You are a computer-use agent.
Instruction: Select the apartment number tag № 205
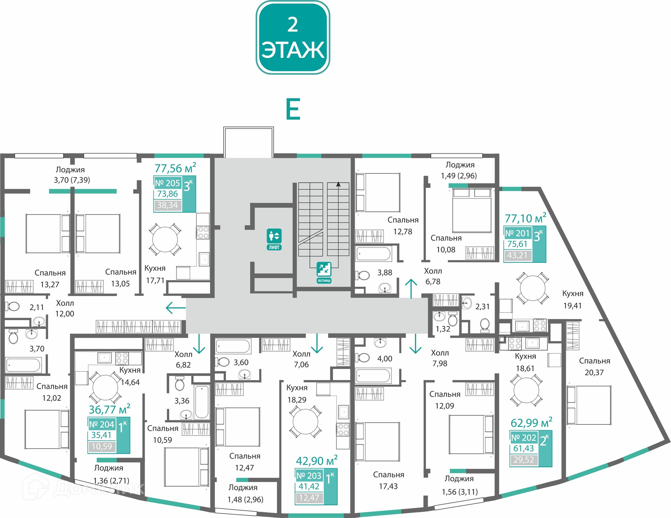[x=167, y=183]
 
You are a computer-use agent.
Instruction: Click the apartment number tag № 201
[x=518, y=233]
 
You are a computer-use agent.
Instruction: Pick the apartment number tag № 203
[x=309, y=475]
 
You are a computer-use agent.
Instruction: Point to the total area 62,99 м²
[x=531, y=423]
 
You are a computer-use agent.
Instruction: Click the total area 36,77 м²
[x=109, y=409]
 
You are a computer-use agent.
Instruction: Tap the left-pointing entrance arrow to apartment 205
[x=175, y=308]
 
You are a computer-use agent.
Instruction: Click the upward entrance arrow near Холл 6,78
[x=411, y=289]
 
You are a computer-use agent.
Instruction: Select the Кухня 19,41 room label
[x=573, y=299]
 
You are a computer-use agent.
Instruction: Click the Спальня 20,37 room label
[x=594, y=367]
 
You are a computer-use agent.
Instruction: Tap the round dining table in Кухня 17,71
[x=165, y=239]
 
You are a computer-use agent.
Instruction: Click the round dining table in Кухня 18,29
[x=305, y=421]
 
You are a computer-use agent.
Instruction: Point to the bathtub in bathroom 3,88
[x=374, y=254]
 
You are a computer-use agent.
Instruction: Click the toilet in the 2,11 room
[x=13, y=306]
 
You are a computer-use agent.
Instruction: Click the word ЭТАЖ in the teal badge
[x=293, y=50]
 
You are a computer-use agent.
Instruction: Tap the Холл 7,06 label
[x=301, y=359]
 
